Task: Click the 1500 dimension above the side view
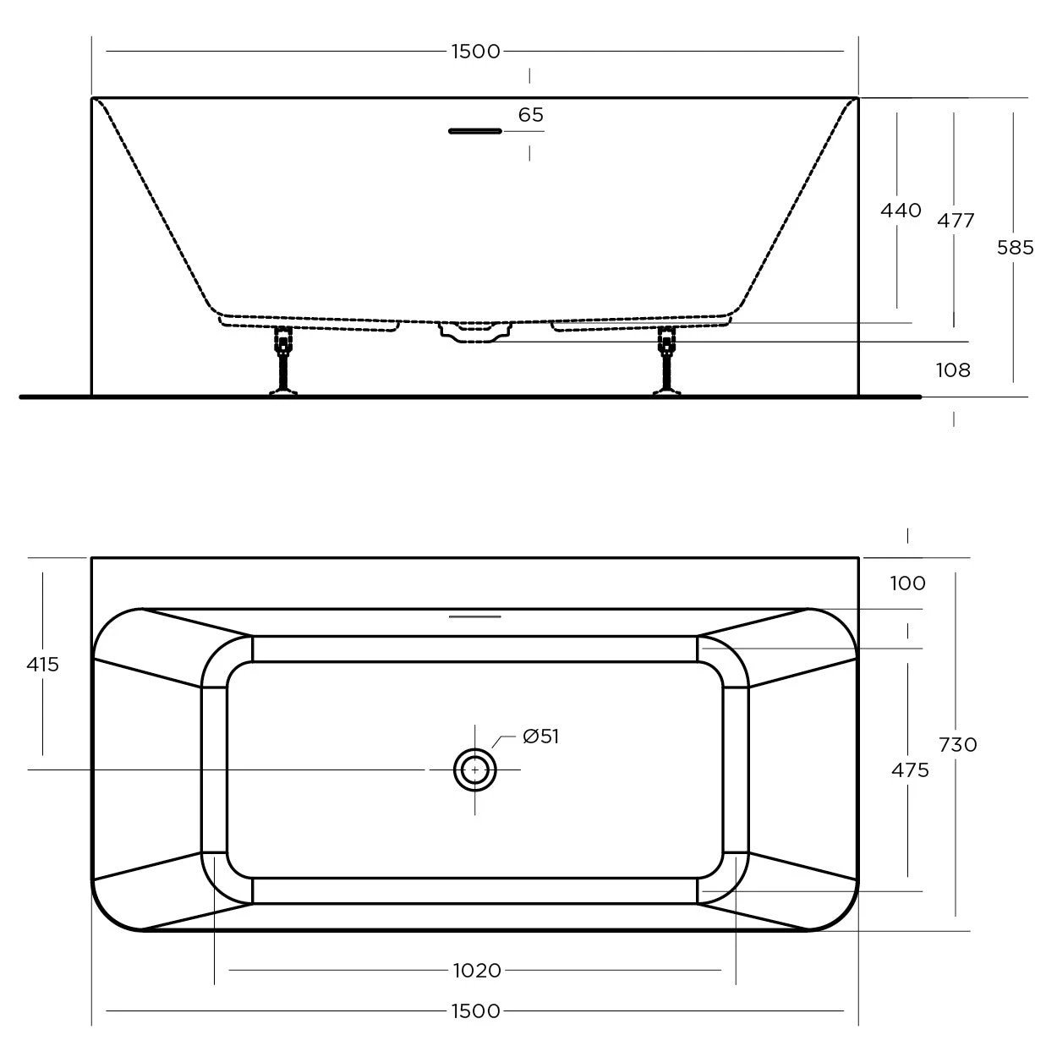[475, 52]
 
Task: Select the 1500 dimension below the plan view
[475, 1010]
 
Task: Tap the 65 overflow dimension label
[530, 115]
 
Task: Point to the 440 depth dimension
[901, 211]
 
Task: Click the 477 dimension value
[956, 221]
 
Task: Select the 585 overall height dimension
[1015, 248]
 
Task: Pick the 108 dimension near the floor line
[953, 370]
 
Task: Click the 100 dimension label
[907, 583]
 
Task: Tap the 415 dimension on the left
[42, 665]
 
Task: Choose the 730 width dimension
[957, 745]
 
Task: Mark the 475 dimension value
[910, 770]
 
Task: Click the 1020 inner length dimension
[477, 971]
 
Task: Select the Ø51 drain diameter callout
[540, 737]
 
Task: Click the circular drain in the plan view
[474, 770]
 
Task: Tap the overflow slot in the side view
[474, 131]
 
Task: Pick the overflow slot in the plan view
[474, 616]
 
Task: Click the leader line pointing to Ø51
[504, 744]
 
